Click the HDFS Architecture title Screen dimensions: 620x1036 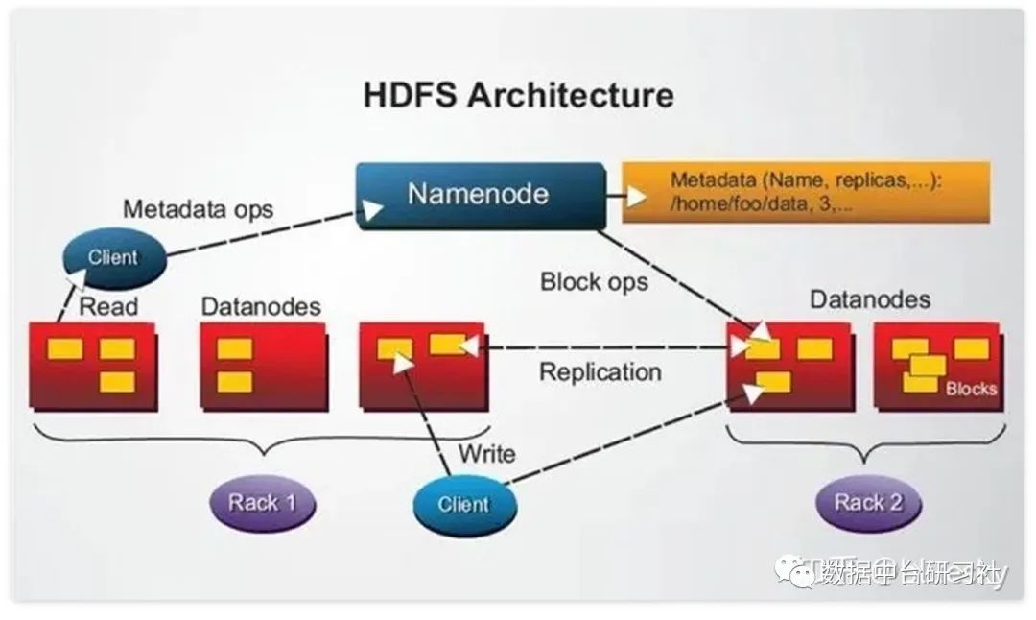[518, 95]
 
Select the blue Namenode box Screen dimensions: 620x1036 [480, 195]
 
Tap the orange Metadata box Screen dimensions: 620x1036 [806, 192]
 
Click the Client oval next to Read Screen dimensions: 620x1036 [113, 257]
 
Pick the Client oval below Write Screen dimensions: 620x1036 [463, 504]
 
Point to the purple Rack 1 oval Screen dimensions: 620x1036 [262, 501]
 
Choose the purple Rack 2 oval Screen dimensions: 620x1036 [868, 501]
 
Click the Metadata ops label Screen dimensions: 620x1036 [199, 208]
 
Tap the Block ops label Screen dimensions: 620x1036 [594, 281]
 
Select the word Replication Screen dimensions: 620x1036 [600, 371]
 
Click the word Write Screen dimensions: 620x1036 [486, 453]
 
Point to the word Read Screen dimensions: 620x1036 [108, 307]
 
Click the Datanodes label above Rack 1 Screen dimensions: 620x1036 [261, 307]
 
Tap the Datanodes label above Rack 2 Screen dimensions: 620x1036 [870, 299]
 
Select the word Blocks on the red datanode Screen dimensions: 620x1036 [971, 389]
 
